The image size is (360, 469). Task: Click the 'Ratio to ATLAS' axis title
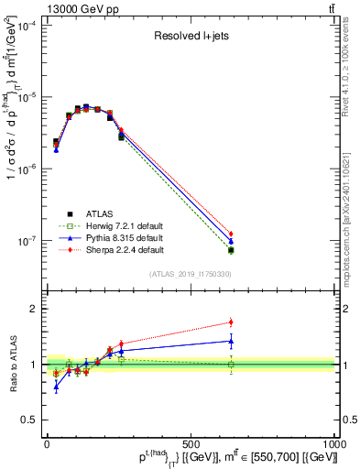pyautogui.click(x=10, y=365)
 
